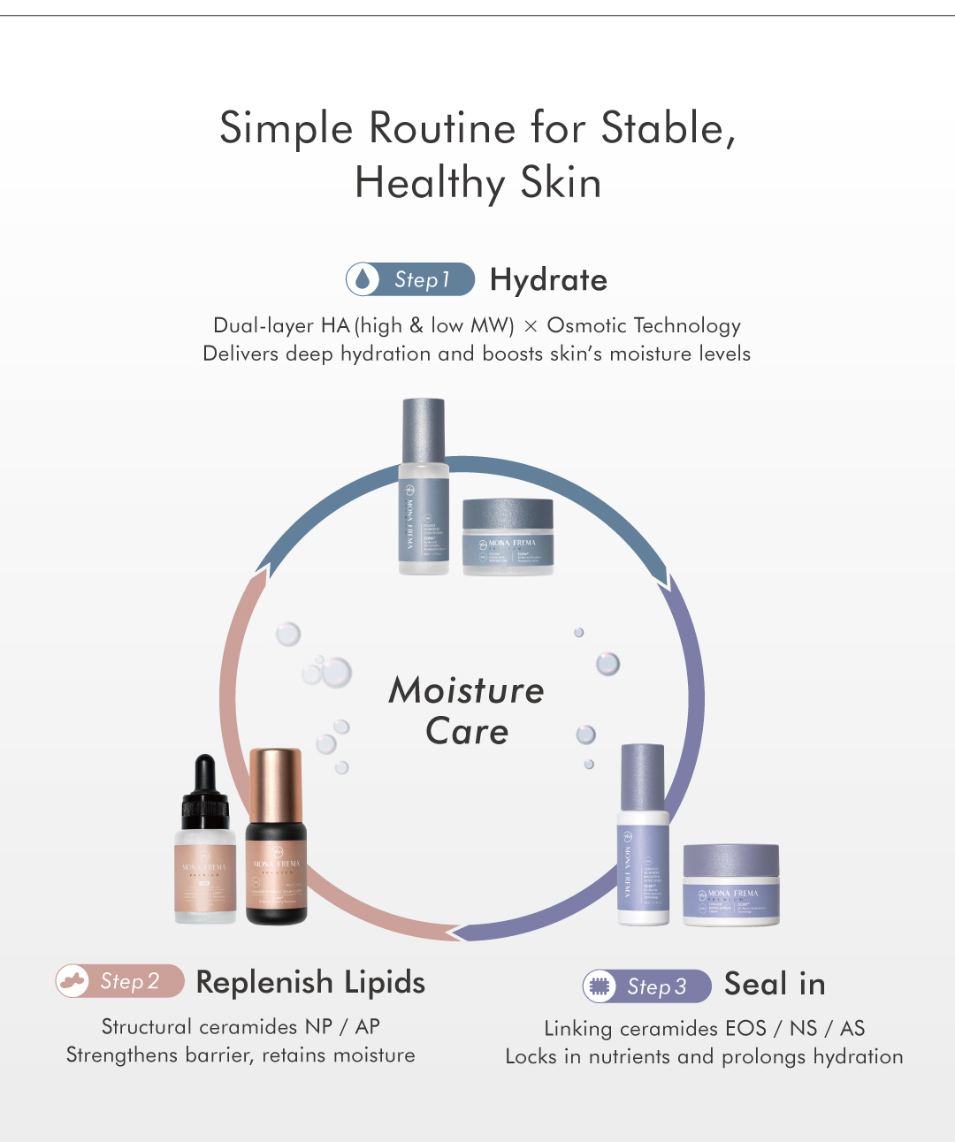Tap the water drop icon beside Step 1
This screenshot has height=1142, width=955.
(x=362, y=279)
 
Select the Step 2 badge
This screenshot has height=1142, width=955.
(x=120, y=981)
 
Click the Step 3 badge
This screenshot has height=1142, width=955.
(x=647, y=986)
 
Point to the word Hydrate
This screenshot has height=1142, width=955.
(x=548, y=280)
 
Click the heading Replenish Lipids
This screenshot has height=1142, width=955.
(x=310, y=982)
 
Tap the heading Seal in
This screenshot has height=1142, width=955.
(x=775, y=984)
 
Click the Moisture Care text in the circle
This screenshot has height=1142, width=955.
(x=466, y=711)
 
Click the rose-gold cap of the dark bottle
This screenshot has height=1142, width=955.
(x=276, y=785)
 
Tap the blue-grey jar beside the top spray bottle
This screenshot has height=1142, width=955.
(x=508, y=536)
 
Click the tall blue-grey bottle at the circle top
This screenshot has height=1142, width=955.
(x=424, y=486)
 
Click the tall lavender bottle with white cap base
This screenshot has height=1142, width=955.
(x=642, y=835)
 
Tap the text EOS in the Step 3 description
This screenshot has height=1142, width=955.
(x=745, y=1028)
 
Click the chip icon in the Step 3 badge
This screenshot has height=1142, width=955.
(x=600, y=986)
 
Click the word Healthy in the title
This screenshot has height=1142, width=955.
(x=429, y=184)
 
